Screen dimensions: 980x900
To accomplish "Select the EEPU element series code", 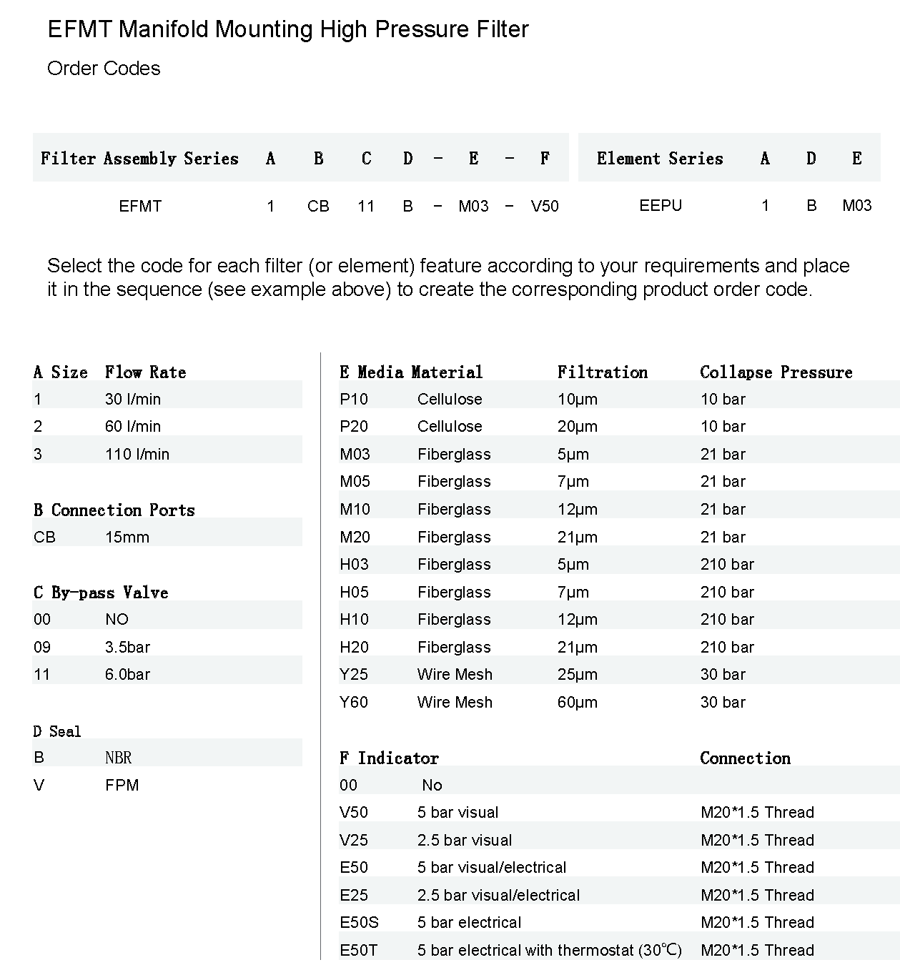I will point(661,206).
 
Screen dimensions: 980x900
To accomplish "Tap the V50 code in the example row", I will point(545,207).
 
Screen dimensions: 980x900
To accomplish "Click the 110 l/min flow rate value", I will point(137,454).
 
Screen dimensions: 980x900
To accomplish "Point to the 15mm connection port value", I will point(127,537).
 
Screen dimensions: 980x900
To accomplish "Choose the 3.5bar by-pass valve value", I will point(127,647).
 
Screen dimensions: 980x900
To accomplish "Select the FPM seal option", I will point(122,785).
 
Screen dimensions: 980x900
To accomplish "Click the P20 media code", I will point(354,426).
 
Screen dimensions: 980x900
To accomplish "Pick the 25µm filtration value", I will point(577,674).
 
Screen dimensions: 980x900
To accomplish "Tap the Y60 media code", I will point(354,702).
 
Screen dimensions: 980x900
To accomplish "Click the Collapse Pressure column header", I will point(776,372).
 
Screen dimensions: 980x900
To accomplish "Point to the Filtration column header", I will point(603,372).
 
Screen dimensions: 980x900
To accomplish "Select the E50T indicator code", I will point(358,950).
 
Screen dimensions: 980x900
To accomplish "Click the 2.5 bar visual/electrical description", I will point(498,895).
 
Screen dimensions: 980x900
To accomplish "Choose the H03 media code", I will point(354,564).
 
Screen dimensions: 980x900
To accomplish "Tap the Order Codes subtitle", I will point(104,69).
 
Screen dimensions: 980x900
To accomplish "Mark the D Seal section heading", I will point(57,731).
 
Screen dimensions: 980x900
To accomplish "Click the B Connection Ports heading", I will point(114,510).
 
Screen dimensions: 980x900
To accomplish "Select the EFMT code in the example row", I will point(140,207).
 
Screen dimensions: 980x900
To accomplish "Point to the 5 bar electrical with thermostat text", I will point(549,950).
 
